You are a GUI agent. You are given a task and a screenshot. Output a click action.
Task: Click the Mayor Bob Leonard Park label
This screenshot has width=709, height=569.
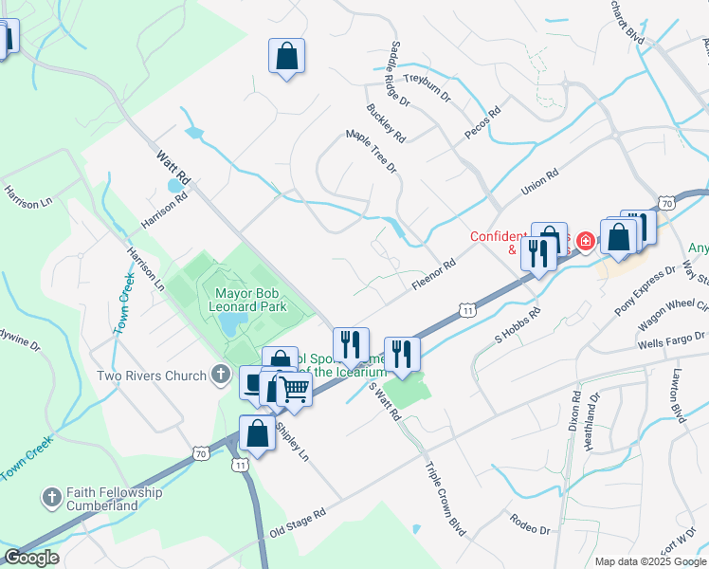pyautogui.click(x=251, y=300)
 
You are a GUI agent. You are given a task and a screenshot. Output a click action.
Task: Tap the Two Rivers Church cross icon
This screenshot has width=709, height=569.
pyautogui.click(x=220, y=375)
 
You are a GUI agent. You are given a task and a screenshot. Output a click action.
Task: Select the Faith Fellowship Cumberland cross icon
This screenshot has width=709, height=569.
pyautogui.click(x=53, y=497)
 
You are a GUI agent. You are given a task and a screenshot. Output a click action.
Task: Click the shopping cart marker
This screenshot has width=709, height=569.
pyautogui.click(x=295, y=391)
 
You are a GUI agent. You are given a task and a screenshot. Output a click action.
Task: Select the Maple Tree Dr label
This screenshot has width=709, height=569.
pyautogui.click(x=372, y=151)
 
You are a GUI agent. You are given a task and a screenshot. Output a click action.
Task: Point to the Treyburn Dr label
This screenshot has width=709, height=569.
pyautogui.click(x=429, y=80)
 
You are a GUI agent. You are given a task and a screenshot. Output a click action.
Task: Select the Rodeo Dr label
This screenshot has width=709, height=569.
pyautogui.click(x=529, y=523)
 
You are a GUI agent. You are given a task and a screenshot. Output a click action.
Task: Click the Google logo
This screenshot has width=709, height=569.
pyautogui.click(x=31, y=558)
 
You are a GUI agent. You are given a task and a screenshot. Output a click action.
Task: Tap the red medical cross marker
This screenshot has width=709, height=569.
pyautogui.click(x=585, y=243)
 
